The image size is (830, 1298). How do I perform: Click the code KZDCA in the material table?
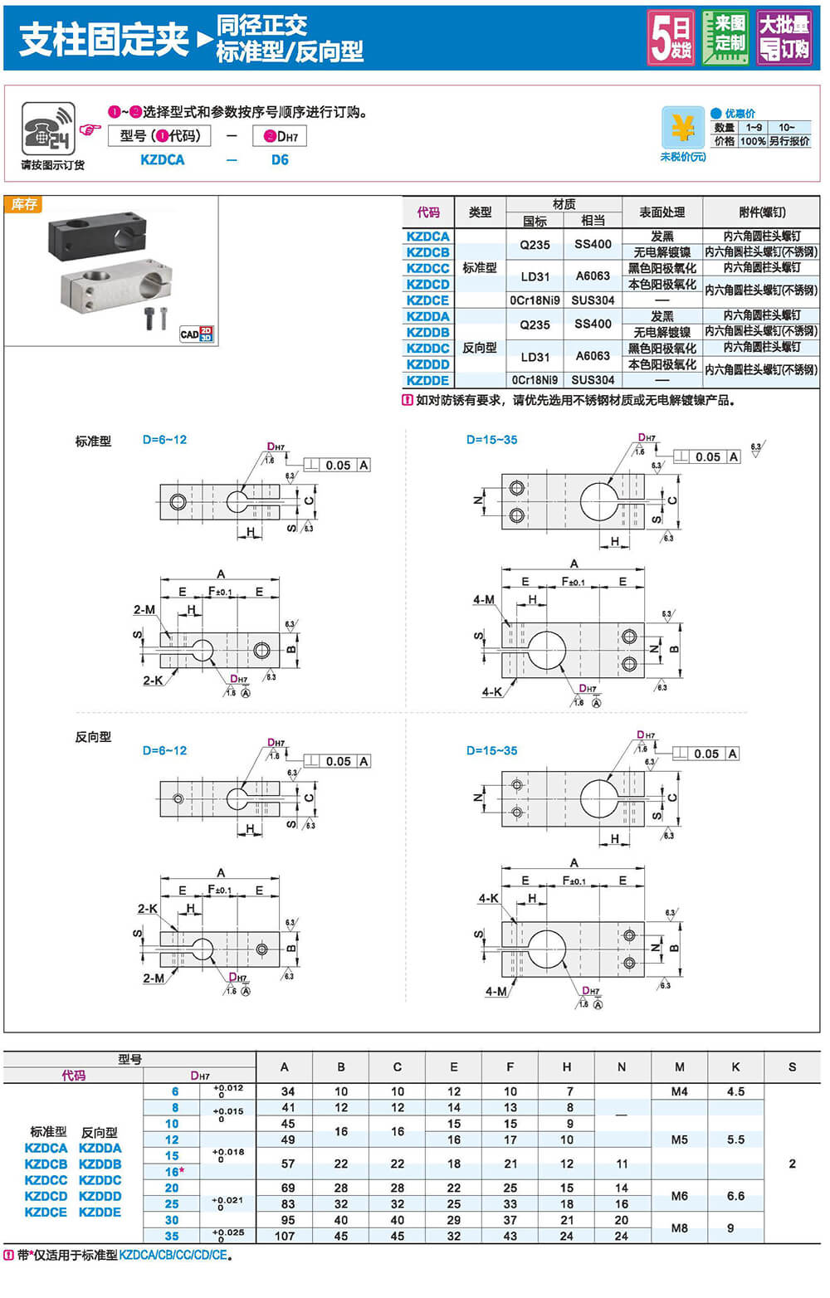tap(427, 237)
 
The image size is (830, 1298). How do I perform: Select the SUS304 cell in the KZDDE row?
tap(593, 380)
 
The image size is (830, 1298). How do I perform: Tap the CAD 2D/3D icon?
tap(197, 334)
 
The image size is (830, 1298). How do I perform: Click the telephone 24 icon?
tap(48, 129)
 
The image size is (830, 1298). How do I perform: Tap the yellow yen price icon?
tap(682, 128)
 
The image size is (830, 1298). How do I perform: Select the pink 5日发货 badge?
tap(671, 37)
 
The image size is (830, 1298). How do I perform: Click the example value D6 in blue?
tap(280, 160)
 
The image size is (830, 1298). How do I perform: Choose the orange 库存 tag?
tap(24, 204)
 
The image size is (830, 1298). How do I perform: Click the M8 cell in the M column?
tap(679, 1227)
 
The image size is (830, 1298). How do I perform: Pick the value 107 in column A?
tap(285, 1236)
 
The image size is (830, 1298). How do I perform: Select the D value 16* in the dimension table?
tap(173, 1172)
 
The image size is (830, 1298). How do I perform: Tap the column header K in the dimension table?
tap(735, 1067)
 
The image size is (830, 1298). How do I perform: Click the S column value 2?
tap(792, 1164)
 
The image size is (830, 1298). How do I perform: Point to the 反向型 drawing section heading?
tap(93, 737)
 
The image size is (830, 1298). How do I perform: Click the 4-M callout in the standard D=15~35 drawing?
tap(484, 600)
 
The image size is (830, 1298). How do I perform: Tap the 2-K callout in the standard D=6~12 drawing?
tap(153, 681)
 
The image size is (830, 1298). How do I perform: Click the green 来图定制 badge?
tap(726, 37)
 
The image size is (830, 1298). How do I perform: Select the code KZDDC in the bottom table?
tap(100, 1180)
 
